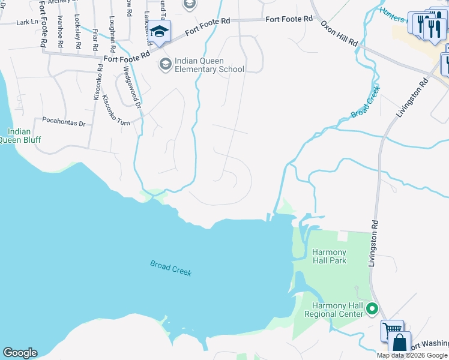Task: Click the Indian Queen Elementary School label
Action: point(209,65)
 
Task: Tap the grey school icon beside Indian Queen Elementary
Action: point(165,64)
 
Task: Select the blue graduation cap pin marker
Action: point(159,31)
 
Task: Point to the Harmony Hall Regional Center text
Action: point(334,310)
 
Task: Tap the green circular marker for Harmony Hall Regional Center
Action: point(372,310)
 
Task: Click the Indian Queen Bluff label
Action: point(19,136)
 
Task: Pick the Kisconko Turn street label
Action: point(116,107)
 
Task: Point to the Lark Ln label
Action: point(27,22)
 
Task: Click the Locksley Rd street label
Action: point(77,29)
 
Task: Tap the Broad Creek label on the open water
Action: point(171,268)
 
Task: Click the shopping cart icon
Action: point(391,330)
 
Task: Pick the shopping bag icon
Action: point(400,343)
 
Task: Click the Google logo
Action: point(20,353)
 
